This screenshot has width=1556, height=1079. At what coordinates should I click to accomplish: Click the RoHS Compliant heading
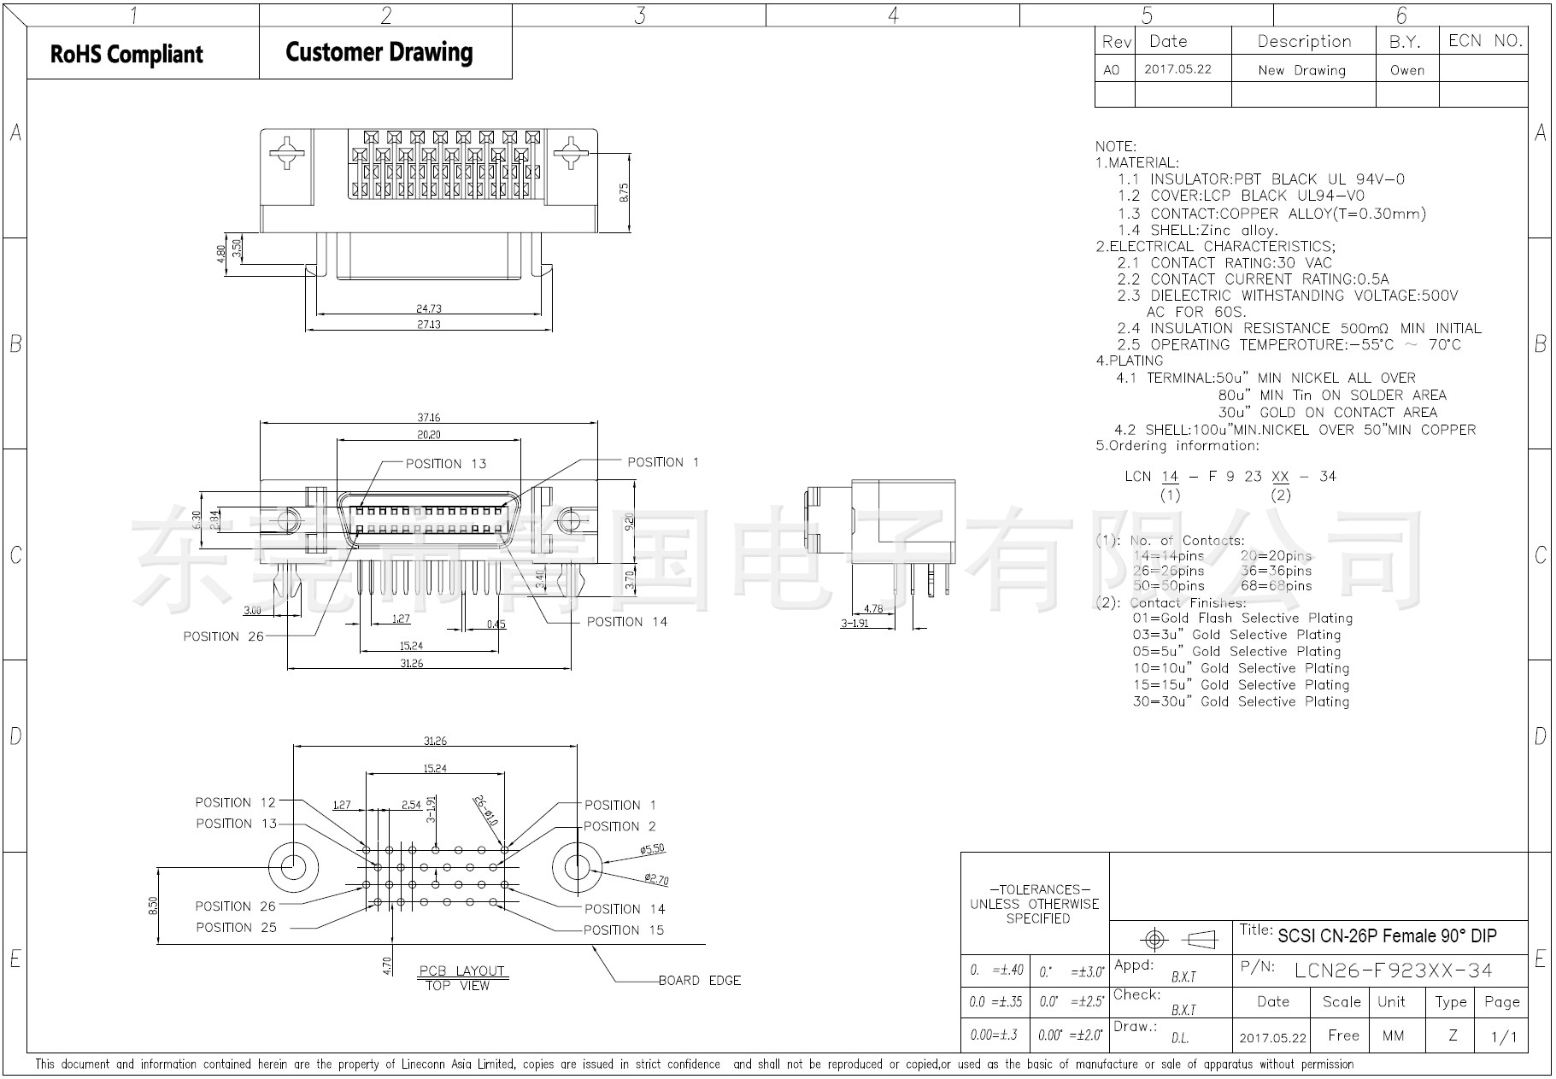pyautogui.click(x=126, y=54)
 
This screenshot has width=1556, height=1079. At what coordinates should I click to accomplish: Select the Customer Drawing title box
pyautogui.click(x=379, y=52)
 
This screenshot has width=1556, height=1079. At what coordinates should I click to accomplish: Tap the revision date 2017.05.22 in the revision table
pyautogui.click(x=1177, y=69)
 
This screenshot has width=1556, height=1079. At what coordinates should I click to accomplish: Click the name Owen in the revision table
pyautogui.click(x=1406, y=70)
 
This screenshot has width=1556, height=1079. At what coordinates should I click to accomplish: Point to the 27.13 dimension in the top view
pyautogui.click(x=429, y=325)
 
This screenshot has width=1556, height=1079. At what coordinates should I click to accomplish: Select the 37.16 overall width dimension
pyautogui.click(x=428, y=417)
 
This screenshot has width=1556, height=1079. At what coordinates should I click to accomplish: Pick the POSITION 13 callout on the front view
pyautogui.click(x=445, y=464)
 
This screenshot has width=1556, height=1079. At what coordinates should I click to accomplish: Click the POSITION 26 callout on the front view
pyautogui.click(x=223, y=636)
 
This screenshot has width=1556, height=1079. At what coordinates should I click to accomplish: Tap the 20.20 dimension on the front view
pyautogui.click(x=428, y=435)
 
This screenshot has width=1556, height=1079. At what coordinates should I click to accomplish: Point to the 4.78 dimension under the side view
pyautogui.click(x=873, y=609)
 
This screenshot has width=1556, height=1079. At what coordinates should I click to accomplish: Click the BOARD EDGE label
pyautogui.click(x=699, y=981)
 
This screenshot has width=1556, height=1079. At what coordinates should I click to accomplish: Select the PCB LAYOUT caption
pyautogui.click(x=461, y=971)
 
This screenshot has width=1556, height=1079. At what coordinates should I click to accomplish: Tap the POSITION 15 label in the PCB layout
pyautogui.click(x=623, y=930)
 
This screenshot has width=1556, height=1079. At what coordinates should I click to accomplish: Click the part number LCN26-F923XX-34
pyautogui.click(x=1393, y=970)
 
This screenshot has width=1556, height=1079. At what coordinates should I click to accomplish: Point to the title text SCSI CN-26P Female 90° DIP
pyautogui.click(x=1387, y=936)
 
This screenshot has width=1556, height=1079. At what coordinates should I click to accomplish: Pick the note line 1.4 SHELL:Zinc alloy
pyautogui.click(x=1197, y=230)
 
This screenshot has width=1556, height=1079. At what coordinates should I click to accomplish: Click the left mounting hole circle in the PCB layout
pyautogui.click(x=291, y=866)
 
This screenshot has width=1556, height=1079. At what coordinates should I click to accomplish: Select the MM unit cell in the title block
pyautogui.click(x=1393, y=1035)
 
